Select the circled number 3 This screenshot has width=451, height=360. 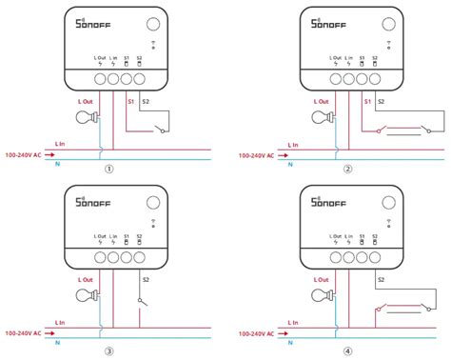coord(109,350)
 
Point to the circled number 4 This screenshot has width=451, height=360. coord(346,350)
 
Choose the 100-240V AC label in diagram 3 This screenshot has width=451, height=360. coord(22,332)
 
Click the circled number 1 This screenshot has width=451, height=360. coord(109,170)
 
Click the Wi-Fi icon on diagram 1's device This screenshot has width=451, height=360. coord(155,44)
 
